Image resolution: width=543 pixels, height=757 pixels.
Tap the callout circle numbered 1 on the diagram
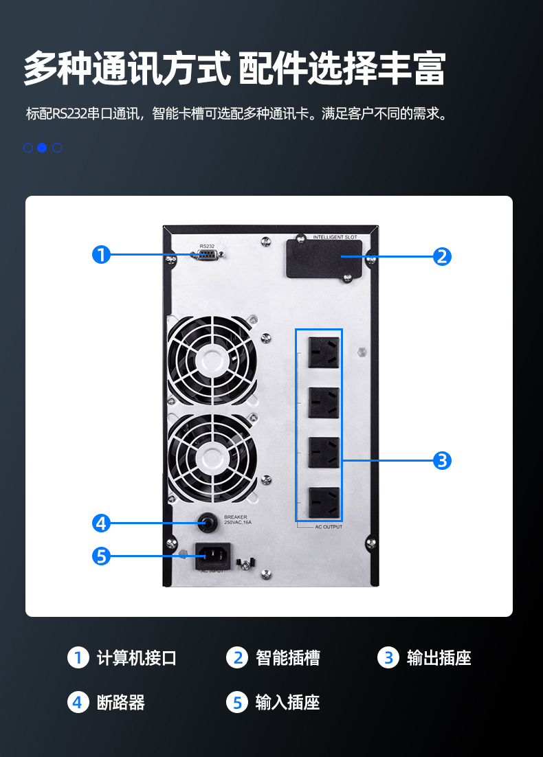pos(102,255)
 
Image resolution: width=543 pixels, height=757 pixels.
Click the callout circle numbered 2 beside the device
pos(442,257)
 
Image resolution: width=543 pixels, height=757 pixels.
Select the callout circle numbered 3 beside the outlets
pos(442,460)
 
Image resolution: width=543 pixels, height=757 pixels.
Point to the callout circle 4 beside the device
pos(102,523)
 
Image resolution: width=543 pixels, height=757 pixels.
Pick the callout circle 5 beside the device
pos(102,556)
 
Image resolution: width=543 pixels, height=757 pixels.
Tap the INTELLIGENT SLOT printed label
pos(335,237)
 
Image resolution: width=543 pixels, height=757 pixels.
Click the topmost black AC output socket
pos(324,352)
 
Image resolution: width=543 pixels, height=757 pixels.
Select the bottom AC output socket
pos(324,503)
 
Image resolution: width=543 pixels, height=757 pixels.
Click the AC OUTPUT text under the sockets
pos(329,527)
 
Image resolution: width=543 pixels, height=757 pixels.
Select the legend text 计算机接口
pos(137,658)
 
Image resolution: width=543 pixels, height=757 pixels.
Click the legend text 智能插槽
pos(288,658)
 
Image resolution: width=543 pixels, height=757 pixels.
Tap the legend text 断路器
pos(121,702)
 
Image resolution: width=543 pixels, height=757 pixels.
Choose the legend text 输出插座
pos(439,658)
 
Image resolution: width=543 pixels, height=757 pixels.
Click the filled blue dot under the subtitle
pos(42,148)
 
